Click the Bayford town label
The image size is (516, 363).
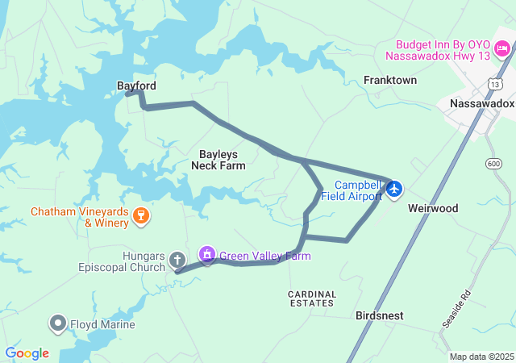click(x=136, y=86)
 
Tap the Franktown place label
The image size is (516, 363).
click(x=390, y=81)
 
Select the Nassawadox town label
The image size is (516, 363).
click(x=481, y=104)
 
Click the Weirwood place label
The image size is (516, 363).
click(x=432, y=208)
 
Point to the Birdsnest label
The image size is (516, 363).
click(x=380, y=316)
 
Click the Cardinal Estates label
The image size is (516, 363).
click(x=310, y=298)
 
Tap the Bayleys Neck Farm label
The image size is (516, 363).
click(x=218, y=159)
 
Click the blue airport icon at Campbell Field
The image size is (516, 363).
click(x=394, y=190)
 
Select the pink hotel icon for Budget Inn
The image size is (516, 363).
click(x=501, y=50)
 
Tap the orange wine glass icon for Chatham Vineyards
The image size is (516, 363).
click(x=141, y=215)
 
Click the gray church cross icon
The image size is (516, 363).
click(x=177, y=260)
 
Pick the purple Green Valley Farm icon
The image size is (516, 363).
click(x=208, y=255)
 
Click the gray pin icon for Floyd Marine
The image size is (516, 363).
click(x=58, y=324)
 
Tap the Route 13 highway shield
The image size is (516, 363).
click(x=494, y=83)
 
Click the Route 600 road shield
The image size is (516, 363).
click(x=493, y=165)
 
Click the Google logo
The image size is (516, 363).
click(x=27, y=353)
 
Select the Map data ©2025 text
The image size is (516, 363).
click(x=481, y=357)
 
